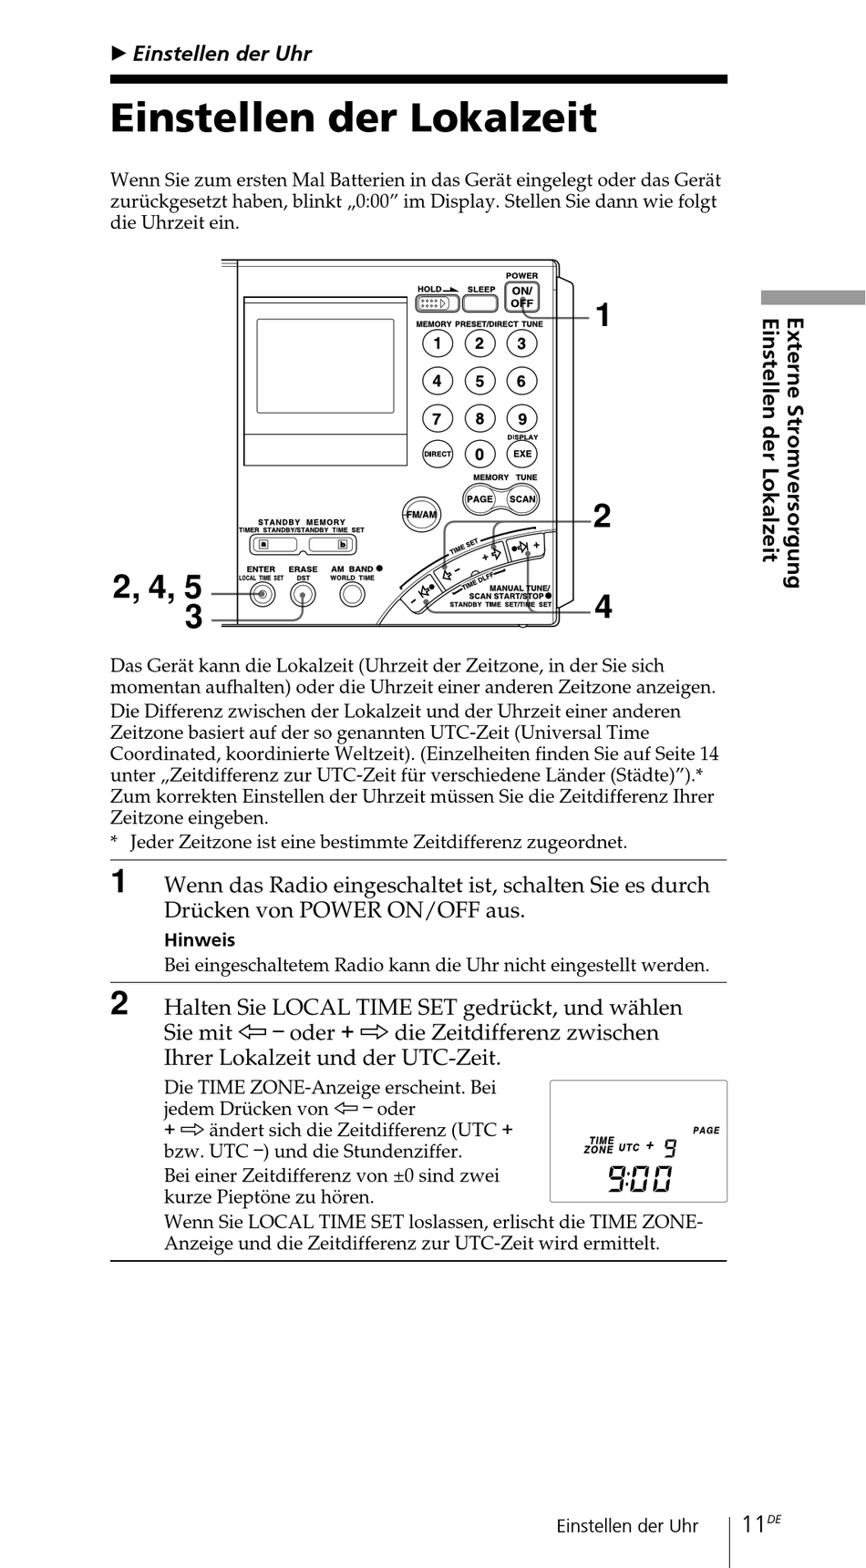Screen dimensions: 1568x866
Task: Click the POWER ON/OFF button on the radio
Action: [x=521, y=297]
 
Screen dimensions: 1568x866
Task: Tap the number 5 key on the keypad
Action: [x=479, y=381]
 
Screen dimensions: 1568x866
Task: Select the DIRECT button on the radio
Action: [x=438, y=454]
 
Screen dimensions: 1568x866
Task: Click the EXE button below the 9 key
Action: [x=522, y=454]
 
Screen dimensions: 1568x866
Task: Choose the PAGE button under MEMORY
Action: [x=479, y=498]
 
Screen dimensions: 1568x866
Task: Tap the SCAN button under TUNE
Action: [x=522, y=498]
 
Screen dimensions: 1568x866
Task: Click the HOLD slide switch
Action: [x=438, y=303]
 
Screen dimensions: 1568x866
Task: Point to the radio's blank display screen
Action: [x=325, y=365]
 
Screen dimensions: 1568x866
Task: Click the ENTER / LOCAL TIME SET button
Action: [x=262, y=595]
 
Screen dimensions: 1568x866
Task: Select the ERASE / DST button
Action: [x=304, y=595]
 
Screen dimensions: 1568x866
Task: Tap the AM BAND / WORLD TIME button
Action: [x=352, y=595]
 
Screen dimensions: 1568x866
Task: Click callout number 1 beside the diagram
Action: [x=603, y=316]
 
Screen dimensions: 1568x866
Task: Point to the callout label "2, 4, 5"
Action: [x=157, y=587]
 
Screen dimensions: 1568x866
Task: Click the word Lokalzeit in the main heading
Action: [x=502, y=118]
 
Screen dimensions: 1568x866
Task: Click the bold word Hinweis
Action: [x=200, y=940]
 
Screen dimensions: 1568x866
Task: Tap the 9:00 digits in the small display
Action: [x=639, y=1179]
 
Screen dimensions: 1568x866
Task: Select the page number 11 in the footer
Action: [x=752, y=1524]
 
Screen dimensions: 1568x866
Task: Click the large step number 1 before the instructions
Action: [x=119, y=883]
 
